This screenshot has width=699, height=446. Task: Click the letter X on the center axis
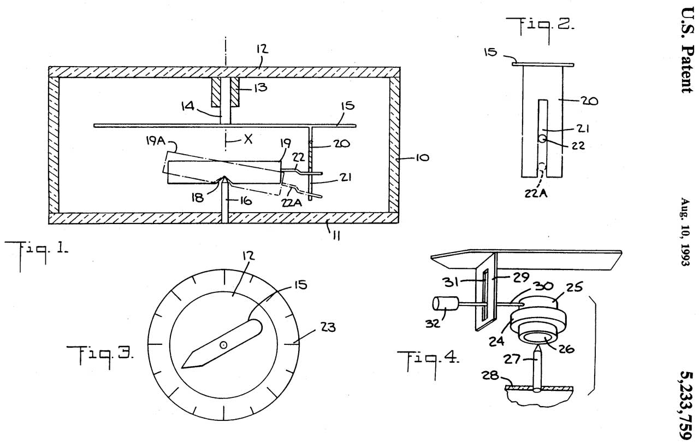point(248,139)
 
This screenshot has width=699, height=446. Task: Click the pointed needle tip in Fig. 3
point(183,366)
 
